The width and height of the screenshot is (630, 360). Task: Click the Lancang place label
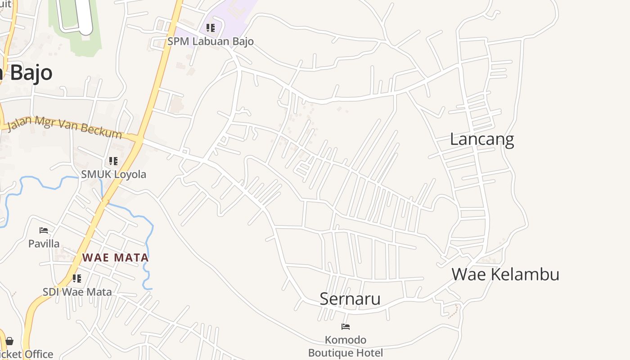tap(481, 139)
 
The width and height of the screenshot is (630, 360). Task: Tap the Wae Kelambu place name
tap(505, 274)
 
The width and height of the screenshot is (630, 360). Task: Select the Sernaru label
tap(350, 299)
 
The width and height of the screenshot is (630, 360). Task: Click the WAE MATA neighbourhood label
tap(115, 258)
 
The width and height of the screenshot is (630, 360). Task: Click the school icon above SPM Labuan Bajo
tap(210, 28)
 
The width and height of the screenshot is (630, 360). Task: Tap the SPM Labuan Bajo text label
tap(210, 41)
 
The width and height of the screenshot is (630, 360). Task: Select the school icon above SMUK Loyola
tap(113, 161)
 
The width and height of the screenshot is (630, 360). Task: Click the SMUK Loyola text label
tap(113, 174)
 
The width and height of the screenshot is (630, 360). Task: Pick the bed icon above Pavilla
tap(44, 230)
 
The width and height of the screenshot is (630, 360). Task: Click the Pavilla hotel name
tap(44, 243)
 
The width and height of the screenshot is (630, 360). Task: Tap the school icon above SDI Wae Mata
tap(77, 279)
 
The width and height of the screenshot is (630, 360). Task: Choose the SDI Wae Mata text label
tap(77, 292)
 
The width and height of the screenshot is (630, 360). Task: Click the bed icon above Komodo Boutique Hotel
tap(346, 327)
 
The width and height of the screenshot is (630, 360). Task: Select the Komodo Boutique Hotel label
tap(346, 346)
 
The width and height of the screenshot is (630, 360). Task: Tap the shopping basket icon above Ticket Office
tap(9, 341)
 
